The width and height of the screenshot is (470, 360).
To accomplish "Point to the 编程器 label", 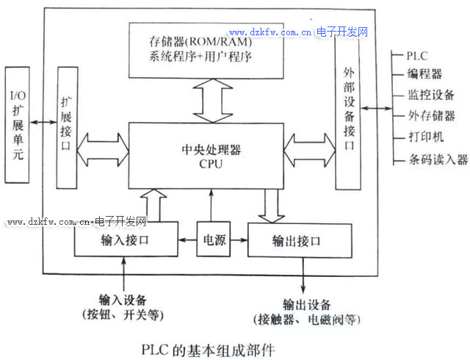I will pyautogui.click(x=425, y=74).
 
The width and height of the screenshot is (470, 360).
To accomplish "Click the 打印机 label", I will pyautogui.click(x=425, y=137).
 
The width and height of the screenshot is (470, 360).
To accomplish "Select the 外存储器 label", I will pyautogui.click(x=431, y=116).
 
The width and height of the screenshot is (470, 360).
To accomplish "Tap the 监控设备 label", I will pyautogui.click(x=431, y=95).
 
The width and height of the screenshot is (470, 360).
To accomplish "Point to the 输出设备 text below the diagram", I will pyautogui.click(x=306, y=305).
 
